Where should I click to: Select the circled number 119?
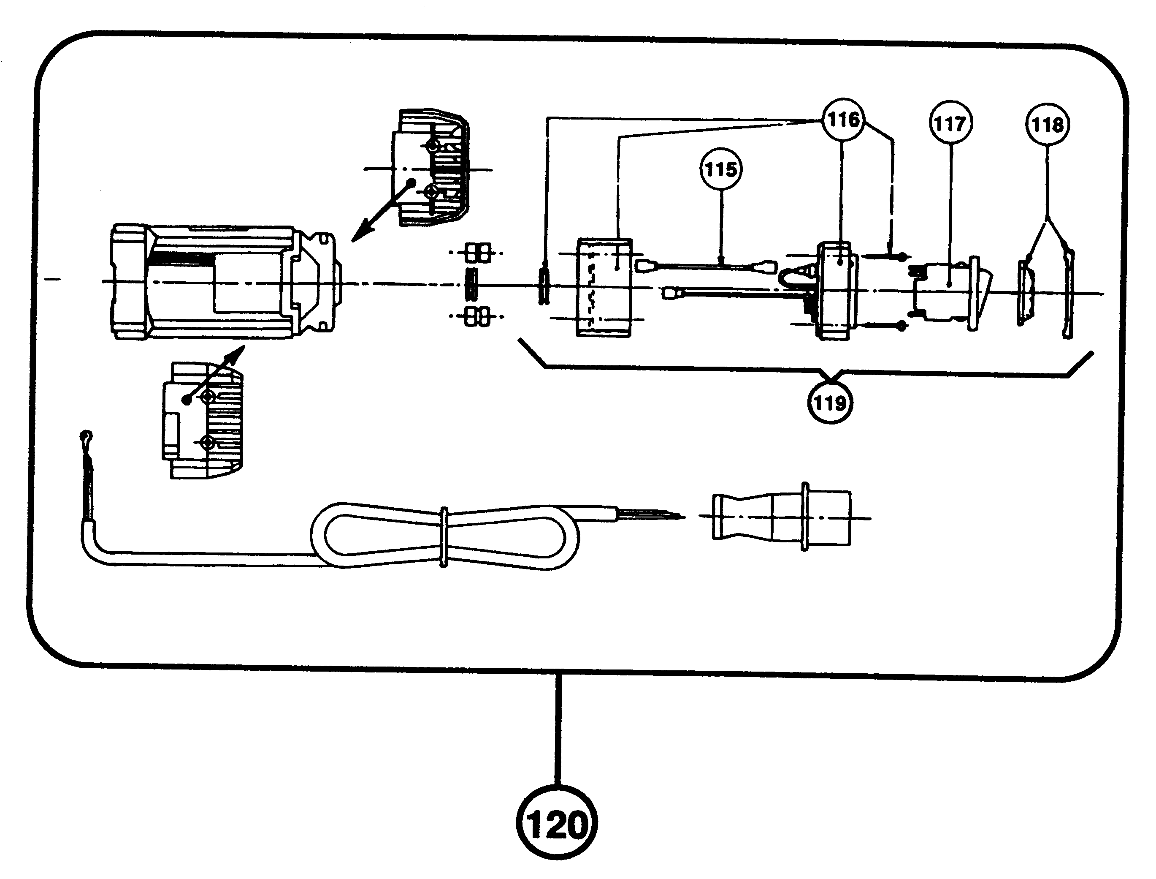830,403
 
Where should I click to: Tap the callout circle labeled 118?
1047,125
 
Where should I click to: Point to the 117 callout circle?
950,123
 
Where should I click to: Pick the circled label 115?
721,169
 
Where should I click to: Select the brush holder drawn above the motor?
431,167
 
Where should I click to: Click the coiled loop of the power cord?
444,536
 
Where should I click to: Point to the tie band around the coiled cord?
444,536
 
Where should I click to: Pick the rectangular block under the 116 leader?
604,287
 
